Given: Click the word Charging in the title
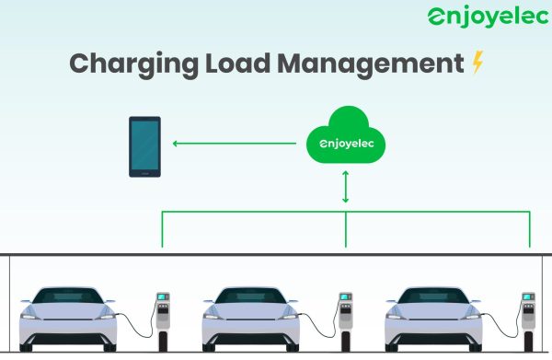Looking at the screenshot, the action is click(133, 64).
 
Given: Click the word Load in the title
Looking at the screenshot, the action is click(237, 64).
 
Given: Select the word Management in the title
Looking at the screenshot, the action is click(371, 64).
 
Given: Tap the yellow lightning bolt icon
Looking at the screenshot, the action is click(477, 62).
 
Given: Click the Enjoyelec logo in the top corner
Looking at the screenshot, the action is click(488, 17).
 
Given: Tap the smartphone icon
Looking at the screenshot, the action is click(144, 146).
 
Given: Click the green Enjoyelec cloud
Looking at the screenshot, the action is click(346, 135).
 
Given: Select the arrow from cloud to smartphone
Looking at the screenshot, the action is click(234, 144).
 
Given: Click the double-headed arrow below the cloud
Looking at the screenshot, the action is click(345, 187).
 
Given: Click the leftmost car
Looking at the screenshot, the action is click(68, 319).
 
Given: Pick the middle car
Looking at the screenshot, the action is click(250, 319).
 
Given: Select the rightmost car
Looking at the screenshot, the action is click(433, 319).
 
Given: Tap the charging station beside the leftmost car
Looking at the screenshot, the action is click(163, 321).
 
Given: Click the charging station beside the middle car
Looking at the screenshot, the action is click(346, 321).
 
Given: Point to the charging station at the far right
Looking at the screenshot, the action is click(528, 321).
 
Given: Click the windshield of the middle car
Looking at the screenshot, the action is click(250, 296).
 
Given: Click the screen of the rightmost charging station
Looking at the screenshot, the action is click(527, 297).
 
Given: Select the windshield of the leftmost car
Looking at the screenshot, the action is click(68, 296).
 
